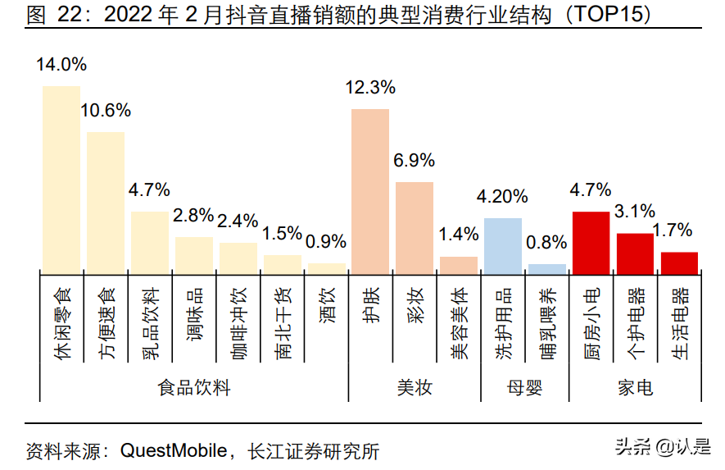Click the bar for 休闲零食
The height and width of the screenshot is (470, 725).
(61, 178)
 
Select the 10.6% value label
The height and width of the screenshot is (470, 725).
(106, 110)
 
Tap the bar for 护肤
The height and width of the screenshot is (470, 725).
(370, 189)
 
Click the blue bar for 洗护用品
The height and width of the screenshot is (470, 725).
(503, 244)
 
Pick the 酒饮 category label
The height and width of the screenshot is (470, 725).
(326, 315)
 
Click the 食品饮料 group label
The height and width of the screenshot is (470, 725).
(194, 388)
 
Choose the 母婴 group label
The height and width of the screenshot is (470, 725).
(524, 388)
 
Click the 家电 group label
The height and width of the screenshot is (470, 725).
(635, 388)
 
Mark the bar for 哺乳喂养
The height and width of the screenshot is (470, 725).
(546, 267)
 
